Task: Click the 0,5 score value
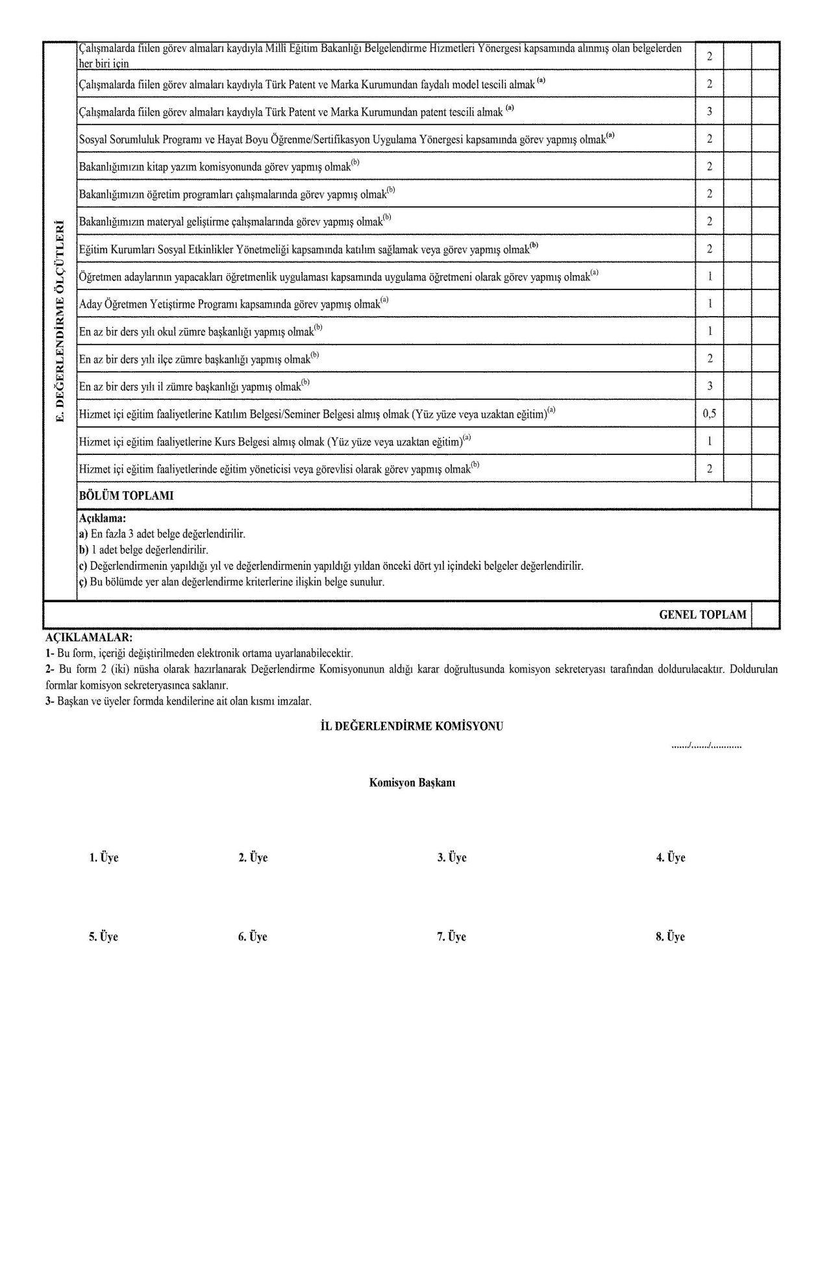click(x=710, y=413)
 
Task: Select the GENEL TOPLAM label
click(x=702, y=615)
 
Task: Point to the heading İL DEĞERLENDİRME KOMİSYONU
click(x=412, y=726)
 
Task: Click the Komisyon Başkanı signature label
click(x=412, y=783)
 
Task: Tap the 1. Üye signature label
click(x=104, y=858)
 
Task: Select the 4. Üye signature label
click(x=671, y=858)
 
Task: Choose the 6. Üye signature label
click(x=253, y=937)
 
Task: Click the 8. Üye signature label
click(x=670, y=937)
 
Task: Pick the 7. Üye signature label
click(x=451, y=937)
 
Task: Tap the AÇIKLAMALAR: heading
click(x=89, y=638)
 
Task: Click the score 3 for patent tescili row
click(x=710, y=112)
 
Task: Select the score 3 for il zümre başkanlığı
click(x=710, y=386)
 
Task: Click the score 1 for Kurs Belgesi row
click(x=710, y=441)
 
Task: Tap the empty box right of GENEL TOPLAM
click(x=765, y=615)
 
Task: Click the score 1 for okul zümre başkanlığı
click(x=710, y=331)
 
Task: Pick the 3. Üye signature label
click(x=452, y=858)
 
